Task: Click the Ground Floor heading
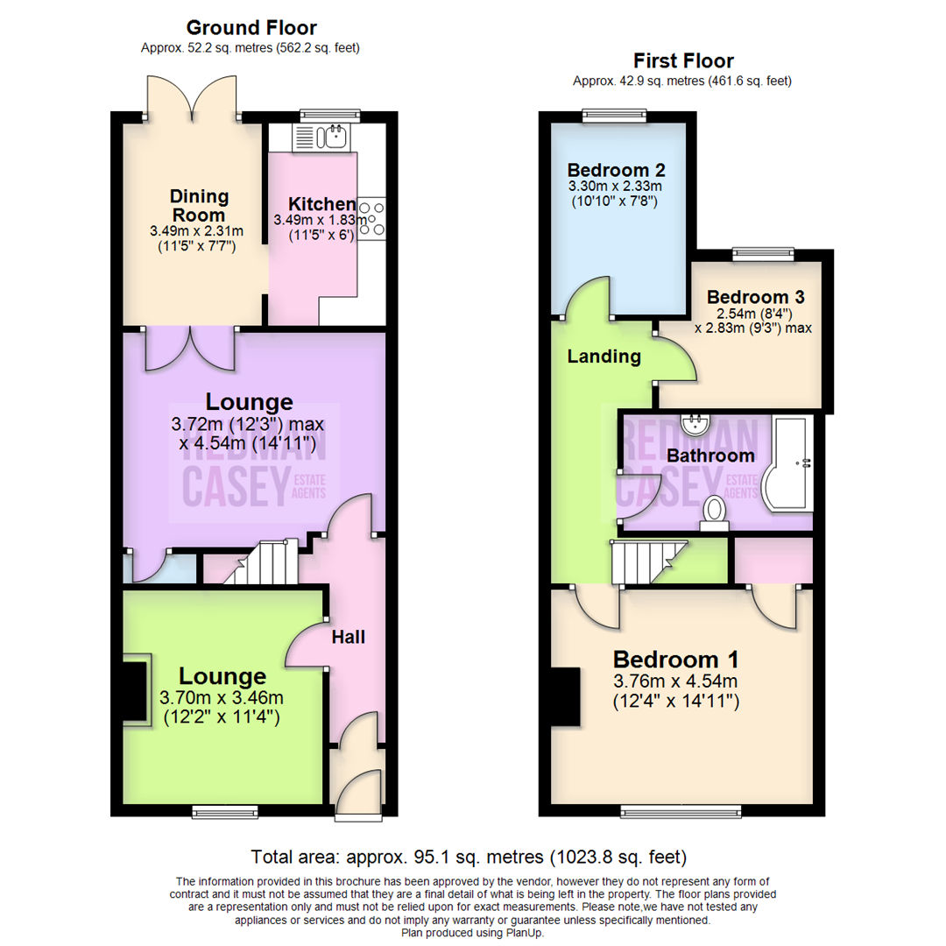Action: tap(251, 28)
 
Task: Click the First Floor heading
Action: tap(683, 61)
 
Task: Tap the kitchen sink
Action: tap(321, 137)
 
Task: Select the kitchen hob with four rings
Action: tap(371, 218)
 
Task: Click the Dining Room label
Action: tap(199, 206)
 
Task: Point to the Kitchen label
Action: tap(321, 204)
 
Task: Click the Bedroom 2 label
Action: tap(616, 170)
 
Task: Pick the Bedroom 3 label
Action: tap(755, 297)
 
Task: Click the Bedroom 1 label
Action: tap(675, 660)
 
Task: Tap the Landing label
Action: tap(604, 357)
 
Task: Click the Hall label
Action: tap(348, 637)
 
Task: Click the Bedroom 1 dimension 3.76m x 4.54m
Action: tap(675, 681)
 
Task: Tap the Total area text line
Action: tap(468, 857)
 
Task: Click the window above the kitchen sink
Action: tap(330, 116)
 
